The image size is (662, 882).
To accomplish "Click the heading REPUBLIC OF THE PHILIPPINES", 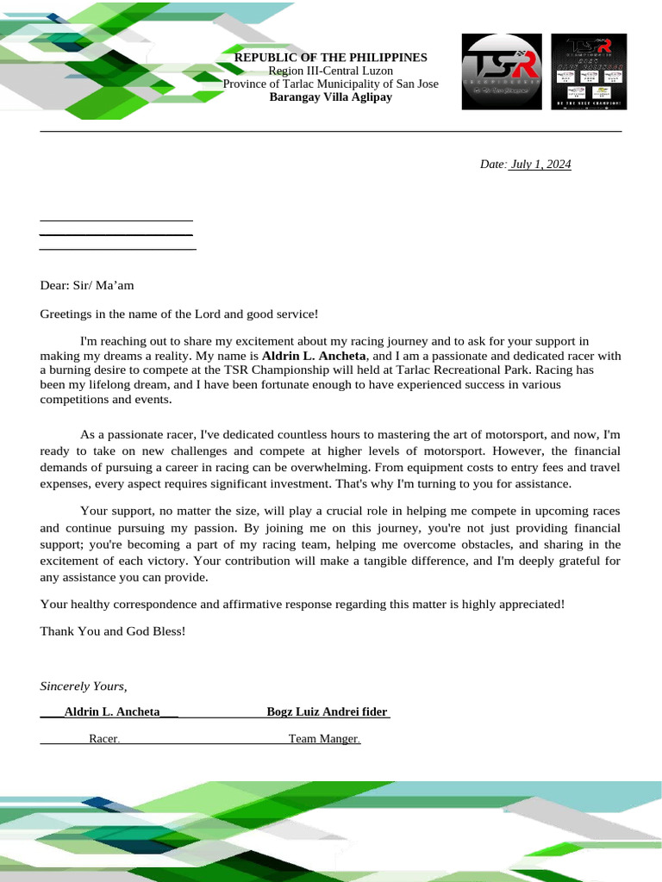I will (331, 57).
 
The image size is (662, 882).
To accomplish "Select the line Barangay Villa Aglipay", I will (331, 97).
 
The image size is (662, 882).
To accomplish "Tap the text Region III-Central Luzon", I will (331, 71).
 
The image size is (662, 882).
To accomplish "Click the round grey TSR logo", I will (502, 71).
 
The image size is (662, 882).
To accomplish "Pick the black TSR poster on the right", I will (589, 71).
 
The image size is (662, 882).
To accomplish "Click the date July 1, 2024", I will (540, 165).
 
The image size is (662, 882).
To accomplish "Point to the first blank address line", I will (116, 220).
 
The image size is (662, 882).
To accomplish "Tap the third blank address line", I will (118, 249).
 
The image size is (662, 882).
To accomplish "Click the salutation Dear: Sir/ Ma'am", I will (87, 285).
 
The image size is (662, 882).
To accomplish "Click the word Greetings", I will (67, 315).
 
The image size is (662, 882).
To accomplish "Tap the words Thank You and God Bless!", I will (113, 631).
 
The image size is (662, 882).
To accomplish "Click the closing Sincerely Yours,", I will (84, 686).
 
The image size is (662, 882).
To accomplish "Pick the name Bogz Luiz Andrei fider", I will (327, 712).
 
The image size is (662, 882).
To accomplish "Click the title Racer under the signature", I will (103, 739).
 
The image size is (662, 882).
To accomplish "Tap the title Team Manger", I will (323, 739).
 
